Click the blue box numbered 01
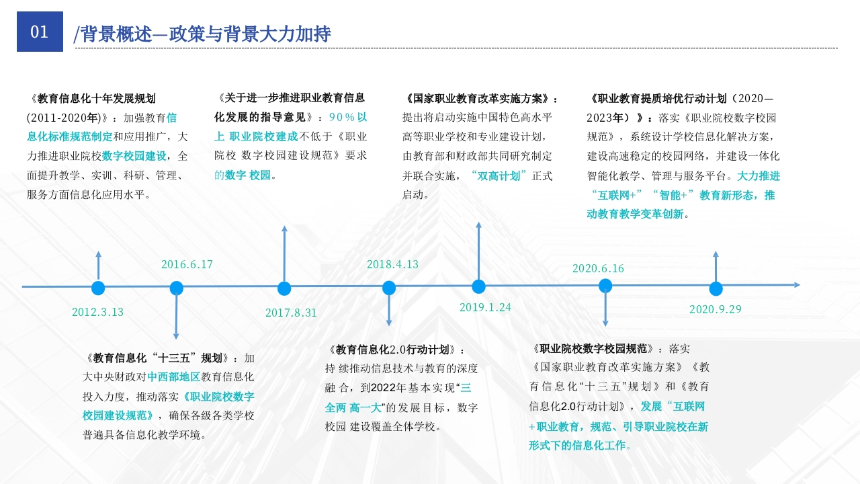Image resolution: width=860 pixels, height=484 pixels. tap(40, 32)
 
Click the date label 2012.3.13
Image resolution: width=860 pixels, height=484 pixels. tap(97, 312)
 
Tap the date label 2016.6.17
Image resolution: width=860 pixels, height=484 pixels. tap(187, 264)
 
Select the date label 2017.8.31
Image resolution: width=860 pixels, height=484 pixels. tap(291, 313)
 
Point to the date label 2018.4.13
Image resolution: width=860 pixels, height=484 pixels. tap(392, 264)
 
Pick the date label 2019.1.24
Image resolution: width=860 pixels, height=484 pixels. tap(485, 307)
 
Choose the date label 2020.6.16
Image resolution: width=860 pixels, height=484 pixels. tap(598, 268)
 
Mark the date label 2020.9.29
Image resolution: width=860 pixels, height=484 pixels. tap(716, 309)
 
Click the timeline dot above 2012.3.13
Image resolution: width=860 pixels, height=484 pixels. tap(98, 288)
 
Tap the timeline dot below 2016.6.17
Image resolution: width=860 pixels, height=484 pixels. tap(177, 288)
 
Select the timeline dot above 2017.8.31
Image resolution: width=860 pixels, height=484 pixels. tap(284, 288)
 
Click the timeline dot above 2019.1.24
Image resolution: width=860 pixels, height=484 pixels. tap(478, 286)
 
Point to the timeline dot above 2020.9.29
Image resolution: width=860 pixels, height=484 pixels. tap(716, 289)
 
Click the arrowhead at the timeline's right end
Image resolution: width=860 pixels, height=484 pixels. tap(797, 285)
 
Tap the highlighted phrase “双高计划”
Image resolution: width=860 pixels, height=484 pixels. tap(499, 176)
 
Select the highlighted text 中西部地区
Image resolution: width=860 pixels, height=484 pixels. tap(174, 377)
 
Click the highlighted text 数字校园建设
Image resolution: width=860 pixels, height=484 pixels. tap(134, 156)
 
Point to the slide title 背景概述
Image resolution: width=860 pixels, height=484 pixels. tap(116, 34)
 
